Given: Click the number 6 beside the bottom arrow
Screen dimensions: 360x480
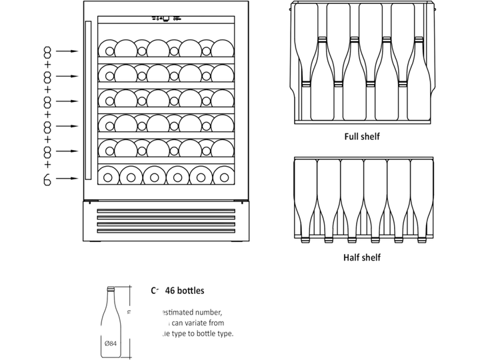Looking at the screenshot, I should point(47,179).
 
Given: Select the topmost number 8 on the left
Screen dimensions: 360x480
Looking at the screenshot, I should point(47,51).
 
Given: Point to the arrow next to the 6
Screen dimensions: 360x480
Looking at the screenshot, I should point(67,179).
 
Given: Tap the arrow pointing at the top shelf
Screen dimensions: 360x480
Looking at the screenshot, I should point(67,51).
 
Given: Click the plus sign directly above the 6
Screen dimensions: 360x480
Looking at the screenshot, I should point(47,165).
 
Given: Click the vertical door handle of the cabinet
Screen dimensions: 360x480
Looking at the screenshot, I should point(87,100).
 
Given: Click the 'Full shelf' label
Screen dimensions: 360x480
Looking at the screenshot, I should point(362,137).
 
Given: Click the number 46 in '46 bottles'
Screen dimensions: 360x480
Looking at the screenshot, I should point(170,291).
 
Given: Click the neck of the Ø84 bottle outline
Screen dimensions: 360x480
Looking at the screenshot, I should point(111,297).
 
